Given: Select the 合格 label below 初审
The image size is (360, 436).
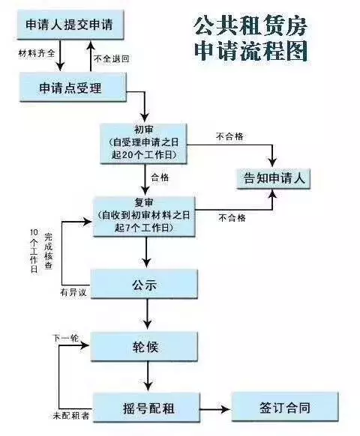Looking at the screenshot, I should pos(160,178).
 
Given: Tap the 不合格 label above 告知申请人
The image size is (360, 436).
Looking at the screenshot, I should pos(229,137).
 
